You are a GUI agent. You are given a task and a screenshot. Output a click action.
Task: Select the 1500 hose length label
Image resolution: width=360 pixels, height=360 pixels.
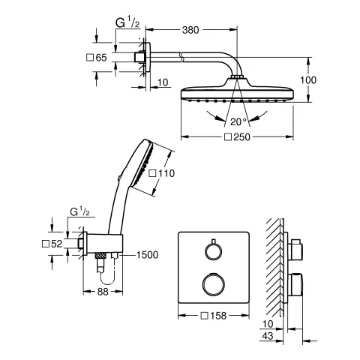pyautogui.click(x=148, y=255)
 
